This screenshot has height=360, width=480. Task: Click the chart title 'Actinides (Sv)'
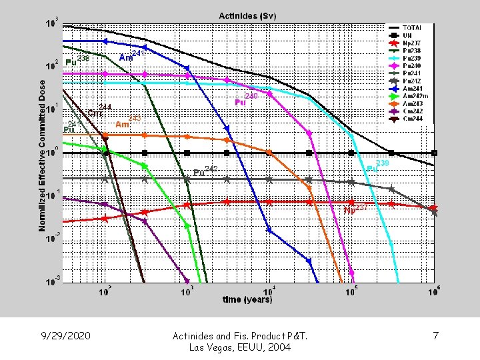[x=248, y=15]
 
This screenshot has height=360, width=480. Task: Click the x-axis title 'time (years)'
[x=246, y=300]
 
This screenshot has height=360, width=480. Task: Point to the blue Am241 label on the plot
[x=130, y=56]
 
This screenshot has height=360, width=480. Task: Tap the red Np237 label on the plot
[x=355, y=209]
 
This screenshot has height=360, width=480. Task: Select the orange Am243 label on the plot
[x=127, y=123]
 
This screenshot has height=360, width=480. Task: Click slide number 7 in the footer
[x=435, y=336]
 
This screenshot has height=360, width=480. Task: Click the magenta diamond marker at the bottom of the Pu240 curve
[x=351, y=274]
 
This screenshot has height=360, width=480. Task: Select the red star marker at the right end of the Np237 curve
[x=433, y=208]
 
